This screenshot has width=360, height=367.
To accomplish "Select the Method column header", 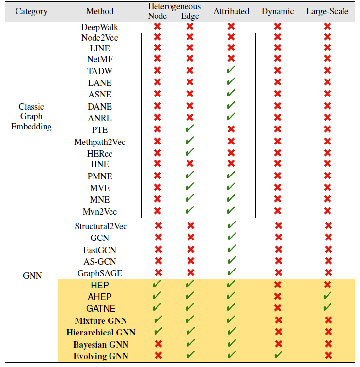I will click(x=100, y=11).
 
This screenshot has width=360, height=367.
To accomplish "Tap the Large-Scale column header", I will click(x=327, y=11).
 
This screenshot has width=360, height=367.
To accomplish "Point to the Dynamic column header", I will click(x=278, y=11).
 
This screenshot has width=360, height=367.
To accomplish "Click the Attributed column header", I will click(x=231, y=11).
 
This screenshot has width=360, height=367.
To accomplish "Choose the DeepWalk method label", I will click(x=100, y=27).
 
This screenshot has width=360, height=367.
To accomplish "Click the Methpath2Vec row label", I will click(x=100, y=142).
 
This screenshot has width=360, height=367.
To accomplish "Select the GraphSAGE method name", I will click(x=100, y=273).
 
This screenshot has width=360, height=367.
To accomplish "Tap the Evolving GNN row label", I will click(x=101, y=356).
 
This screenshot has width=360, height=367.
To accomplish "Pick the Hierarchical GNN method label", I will click(x=101, y=333).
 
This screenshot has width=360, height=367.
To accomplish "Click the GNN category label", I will click(x=32, y=276).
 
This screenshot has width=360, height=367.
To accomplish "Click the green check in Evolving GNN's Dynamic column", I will click(x=278, y=356).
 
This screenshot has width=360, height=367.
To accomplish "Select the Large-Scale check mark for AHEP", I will click(x=328, y=296).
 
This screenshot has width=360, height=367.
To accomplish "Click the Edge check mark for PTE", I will click(x=189, y=129).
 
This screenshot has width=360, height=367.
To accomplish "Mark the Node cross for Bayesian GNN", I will click(x=158, y=344).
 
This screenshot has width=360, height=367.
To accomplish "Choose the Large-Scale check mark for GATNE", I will click(x=328, y=308).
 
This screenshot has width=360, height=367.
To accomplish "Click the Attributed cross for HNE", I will click(x=231, y=165).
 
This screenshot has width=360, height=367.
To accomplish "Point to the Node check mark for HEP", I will click(x=158, y=285).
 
